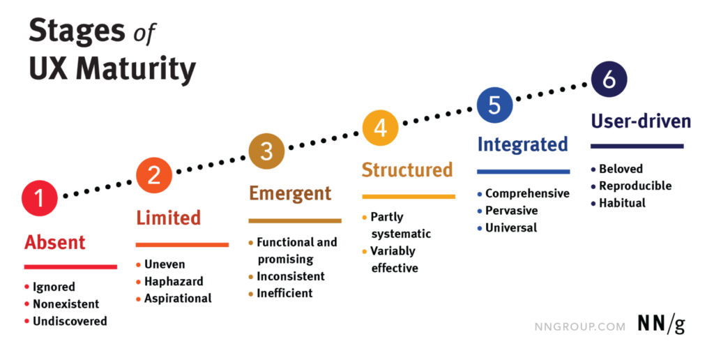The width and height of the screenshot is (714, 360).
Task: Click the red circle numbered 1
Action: pyautogui.click(x=40, y=198)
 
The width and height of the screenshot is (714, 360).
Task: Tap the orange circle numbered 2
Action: pyautogui.click(x=154, y=175)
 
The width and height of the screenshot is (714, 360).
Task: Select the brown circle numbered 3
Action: pyautogui.click(x=267, y=151)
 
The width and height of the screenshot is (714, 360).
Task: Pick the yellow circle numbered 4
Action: pyautogui.click(x=380, y=128)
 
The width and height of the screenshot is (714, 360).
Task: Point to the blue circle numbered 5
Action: pyautogui.click(x=494, y=105)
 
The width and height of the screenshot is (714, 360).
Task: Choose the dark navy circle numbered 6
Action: pyautogui.click(x=609, y=80)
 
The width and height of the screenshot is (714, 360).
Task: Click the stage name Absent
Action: pyautogui.click(x=54, y=242)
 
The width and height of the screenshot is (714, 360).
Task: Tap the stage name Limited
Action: pyautogui.click(x=169, y=218)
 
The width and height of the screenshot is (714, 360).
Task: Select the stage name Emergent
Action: pyautogui.click(x=290, y=194)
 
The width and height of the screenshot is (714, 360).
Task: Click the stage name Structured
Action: pyautogui.click(x=407, y=170)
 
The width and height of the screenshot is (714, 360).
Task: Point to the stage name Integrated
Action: pyautogui.click(x=523, y=144)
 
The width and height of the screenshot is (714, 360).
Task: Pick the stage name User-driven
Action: pyautogui.click(x=641, y=121)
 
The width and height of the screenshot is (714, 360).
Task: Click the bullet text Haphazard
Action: pyautogui.click(x=174, y=282)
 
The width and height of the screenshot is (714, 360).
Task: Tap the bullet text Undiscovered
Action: pyautogui.click(x=70, y=321)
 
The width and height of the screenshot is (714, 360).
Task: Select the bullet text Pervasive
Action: pyautogui.click(x=511, y=211)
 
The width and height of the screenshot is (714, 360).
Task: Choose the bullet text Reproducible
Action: pyautogui.click(x=635, y=186)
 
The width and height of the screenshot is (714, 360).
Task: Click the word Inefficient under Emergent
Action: pyautogui.click(x=284, y=293)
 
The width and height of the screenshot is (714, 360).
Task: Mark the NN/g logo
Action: pyautogui.click(x=661, y=324)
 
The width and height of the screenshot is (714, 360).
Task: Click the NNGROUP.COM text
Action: pyautogui.click(x=579, y=327)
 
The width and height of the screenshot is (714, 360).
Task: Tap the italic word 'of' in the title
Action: pyautogui.click(x=144, y=33)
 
